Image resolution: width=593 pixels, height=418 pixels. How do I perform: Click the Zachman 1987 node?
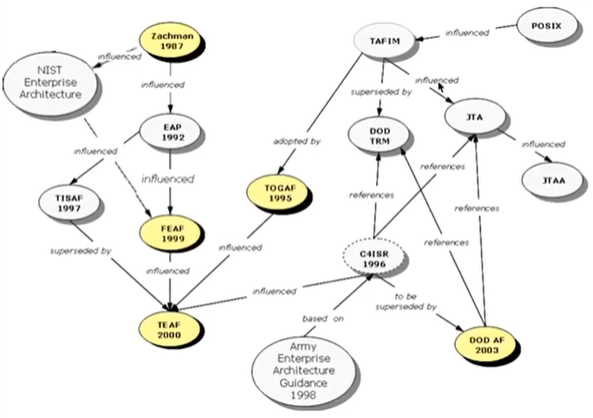[x=171, y=41]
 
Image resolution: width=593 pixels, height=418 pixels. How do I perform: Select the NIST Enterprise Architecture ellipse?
[x=50, y=82]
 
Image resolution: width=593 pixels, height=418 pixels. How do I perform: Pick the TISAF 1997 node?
[x=69, y=203]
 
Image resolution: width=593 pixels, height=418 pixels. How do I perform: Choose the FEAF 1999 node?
[x=171, y=233]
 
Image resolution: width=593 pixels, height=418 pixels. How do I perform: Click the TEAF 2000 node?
[x=169, y=329]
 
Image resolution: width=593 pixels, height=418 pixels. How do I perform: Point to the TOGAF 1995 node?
[x=279, y=193]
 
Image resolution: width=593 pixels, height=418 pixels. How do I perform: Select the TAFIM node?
[x=384, y=41]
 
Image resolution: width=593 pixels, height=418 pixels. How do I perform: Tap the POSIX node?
[x=546, y=26]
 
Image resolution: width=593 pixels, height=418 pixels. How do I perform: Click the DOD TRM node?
[x=379, y=135]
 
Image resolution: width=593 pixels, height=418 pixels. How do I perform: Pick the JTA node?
[x=475, y=117]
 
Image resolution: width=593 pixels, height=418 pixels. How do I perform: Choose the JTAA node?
[x=553, y=180]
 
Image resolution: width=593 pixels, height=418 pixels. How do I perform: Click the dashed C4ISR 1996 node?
[x=373, y=258]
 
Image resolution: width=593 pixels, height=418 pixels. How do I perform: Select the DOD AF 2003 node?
[x=486, y=344]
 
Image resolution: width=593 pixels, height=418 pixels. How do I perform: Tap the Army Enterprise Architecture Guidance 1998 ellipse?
[x=304, y=370]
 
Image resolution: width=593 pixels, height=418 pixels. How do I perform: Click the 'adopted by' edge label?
[x=297, y=141]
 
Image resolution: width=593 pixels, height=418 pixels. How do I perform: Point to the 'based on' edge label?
[x=323, y=319]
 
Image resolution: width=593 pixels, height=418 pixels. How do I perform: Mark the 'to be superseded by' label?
[x=406, y=301]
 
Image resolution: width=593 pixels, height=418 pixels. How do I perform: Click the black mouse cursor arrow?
[x=441, y=87]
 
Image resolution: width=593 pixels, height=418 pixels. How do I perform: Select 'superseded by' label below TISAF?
[x=81, y=251]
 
